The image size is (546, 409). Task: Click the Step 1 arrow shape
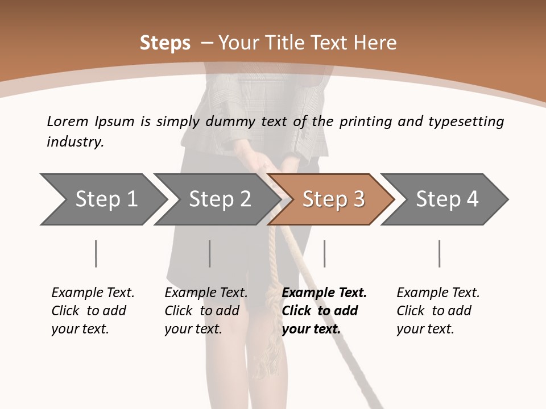pos(105,199)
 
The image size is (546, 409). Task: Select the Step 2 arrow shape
pos(219,199)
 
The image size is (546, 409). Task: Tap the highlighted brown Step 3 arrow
pos(333,199)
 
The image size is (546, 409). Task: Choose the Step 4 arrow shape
pos(446,199)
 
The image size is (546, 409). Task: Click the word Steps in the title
pos(165,43)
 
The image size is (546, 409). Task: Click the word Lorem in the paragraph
pos(68,121)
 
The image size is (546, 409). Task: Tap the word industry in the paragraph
pos(75,142)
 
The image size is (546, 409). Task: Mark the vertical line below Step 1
pos(96,253)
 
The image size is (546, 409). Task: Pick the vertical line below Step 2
pos(210,253)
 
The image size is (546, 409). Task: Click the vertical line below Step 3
pos(325,253)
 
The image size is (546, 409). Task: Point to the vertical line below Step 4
pos(440,253)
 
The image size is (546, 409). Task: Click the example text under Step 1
pos(93,311)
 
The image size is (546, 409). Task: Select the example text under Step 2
pos(206,311)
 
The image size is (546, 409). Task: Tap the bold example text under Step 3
pos(324,311)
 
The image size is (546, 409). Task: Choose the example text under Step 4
pos(438,311)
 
